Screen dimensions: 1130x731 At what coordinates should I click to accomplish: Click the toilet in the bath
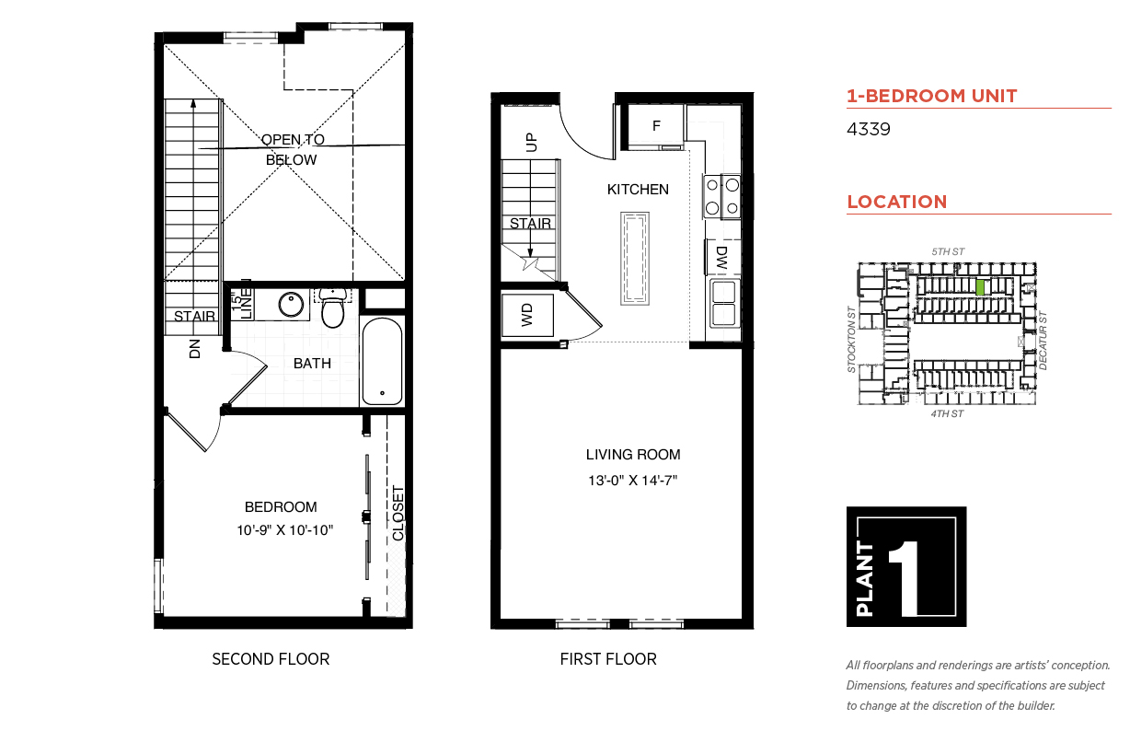332,307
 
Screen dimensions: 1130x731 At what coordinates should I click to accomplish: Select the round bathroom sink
291,304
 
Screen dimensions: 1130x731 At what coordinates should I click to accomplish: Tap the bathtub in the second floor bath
383,361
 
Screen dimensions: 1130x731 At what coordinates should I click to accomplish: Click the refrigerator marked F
656,126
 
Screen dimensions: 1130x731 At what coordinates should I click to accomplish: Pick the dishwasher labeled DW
723,257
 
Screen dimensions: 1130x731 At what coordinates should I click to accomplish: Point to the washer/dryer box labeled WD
527,315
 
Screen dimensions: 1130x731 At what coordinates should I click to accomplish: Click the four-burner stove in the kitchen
721,196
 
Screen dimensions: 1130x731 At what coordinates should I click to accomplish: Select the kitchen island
635,259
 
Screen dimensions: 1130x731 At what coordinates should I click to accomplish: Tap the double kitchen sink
724,303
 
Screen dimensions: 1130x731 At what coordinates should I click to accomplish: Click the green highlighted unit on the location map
980,287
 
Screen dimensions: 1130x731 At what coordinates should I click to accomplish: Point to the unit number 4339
868,129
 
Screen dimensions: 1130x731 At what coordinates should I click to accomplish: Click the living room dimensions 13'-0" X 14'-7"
632,480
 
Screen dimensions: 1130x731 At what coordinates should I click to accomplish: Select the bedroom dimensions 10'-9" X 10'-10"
285,530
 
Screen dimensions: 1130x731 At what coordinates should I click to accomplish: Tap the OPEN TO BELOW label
292,149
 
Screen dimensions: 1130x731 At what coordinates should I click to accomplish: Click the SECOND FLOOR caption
271,659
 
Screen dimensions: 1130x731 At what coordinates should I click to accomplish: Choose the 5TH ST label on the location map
948,251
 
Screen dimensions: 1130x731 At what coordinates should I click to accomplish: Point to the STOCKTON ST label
851,339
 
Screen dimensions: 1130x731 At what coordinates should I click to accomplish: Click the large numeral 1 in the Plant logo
905,578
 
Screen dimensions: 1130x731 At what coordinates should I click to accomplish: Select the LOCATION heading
896,202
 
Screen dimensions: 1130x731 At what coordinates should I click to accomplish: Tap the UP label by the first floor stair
531,143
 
